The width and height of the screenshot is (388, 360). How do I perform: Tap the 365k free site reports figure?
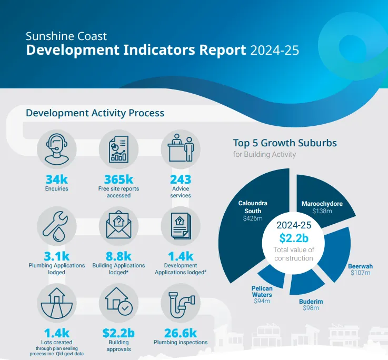pyautogui.click(x=118, y=179)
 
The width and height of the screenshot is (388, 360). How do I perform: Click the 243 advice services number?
pyautogui.click(x=181, y=179)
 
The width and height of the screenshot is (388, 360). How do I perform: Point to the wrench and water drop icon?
pyautogui.click(x=56, y=226)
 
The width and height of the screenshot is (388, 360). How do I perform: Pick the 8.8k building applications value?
pyautogui.click(x=118, y=256)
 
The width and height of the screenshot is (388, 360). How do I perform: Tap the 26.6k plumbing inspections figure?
pyautogui.click(x=181, y=333)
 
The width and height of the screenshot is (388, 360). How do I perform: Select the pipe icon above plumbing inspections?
pyautogui.click(x=181, y=302)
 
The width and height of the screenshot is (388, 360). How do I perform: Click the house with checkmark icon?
pyautogui.click(x=118, y=302)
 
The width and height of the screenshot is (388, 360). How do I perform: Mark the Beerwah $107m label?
pyautogui.click(x=360, y=269)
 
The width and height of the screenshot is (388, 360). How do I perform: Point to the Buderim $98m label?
pyautogui.click(x=310, y=304)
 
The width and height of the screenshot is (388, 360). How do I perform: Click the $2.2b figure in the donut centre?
pyautogui.click(x=293, y=237)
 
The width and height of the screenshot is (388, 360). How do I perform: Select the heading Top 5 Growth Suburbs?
pyautogui.click(x=285, y=143)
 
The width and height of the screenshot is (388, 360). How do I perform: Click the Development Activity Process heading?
pyautogui.click(x=95, y=113)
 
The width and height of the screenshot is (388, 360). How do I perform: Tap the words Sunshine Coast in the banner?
pyautogui.click(x=66, y=36)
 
